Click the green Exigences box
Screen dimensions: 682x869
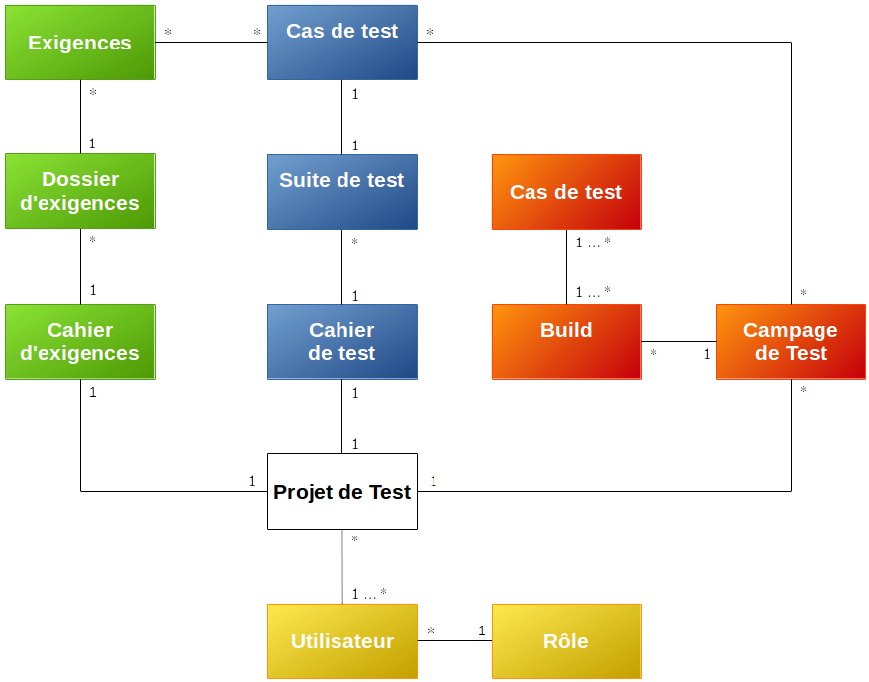click(x=80, y=43)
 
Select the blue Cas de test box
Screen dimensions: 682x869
click(x=341, y=43)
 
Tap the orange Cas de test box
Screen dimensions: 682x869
click(x=566, y=192)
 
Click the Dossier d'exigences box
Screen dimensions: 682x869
click(x=80, y=191)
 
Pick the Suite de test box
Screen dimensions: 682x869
click(x=341, y=192)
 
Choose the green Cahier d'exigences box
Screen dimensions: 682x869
click(x=80, y=341)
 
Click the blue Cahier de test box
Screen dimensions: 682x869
click(x=341, y=341)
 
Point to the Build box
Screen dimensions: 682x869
click(x=566, y=341)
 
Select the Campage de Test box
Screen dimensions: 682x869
click(x=790, y=341)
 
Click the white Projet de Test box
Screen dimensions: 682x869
click(x=341, y=491)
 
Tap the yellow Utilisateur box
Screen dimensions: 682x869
click(x=341, y=641)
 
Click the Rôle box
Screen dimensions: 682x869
click(x=566, y=641)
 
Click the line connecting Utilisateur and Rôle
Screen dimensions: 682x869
click(x=454, y=641)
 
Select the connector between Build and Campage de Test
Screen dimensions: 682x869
click(x=678, y=341)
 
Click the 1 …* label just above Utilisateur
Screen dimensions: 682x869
click(x=369, y=594)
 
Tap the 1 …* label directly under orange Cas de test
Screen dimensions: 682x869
click(x=593, y=242)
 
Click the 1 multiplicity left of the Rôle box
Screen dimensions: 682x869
click(x=482, y=631)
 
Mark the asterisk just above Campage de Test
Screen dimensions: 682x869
click(x=803, y=293)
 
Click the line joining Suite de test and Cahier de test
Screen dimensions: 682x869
click(x=342, y=267)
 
